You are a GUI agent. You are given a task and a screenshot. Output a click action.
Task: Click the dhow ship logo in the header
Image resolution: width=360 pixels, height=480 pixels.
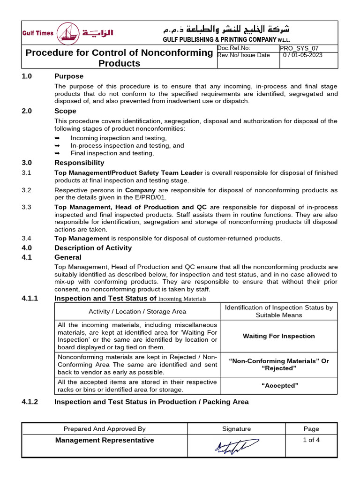click(68, 33)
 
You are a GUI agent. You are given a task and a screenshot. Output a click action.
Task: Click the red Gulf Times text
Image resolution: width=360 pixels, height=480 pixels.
click(38, 33)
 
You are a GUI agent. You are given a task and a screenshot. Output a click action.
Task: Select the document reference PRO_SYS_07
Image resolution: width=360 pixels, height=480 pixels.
click(299, 48)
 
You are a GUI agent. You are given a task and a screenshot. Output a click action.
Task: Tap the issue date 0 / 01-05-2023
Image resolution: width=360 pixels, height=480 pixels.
click(302, 55)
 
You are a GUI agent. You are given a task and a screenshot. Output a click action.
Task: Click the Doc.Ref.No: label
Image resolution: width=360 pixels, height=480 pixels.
click(234, 48)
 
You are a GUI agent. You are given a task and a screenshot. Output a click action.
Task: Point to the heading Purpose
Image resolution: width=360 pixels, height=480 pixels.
click(69, 76)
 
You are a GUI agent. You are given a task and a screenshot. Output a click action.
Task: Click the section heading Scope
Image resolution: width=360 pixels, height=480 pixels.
click(65, 111)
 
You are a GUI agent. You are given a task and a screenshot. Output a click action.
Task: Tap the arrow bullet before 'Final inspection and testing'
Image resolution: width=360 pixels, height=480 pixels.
click(57, 153)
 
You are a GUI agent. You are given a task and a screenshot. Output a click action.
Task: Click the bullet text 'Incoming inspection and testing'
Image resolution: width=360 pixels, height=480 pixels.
click(119, 138)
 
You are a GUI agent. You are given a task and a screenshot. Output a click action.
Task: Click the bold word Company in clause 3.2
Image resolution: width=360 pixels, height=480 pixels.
click(140, 190)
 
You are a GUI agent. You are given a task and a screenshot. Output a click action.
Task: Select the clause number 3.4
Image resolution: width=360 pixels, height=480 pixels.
click(26, 239)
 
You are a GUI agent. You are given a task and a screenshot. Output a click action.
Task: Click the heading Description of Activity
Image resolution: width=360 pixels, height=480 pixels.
click(93, 248)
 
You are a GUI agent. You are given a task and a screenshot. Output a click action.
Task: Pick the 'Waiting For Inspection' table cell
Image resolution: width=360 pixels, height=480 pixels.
click(278, 336)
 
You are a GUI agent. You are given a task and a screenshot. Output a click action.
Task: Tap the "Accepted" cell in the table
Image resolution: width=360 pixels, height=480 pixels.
click(278, 385)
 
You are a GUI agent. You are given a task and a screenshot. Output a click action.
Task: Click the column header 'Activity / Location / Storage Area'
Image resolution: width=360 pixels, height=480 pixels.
click(137, 311)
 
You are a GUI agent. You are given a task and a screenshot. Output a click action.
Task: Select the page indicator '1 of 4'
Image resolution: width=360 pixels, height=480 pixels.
click(311, 440)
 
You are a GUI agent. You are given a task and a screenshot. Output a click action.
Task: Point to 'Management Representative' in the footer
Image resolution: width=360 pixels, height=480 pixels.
click(105, 440)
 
